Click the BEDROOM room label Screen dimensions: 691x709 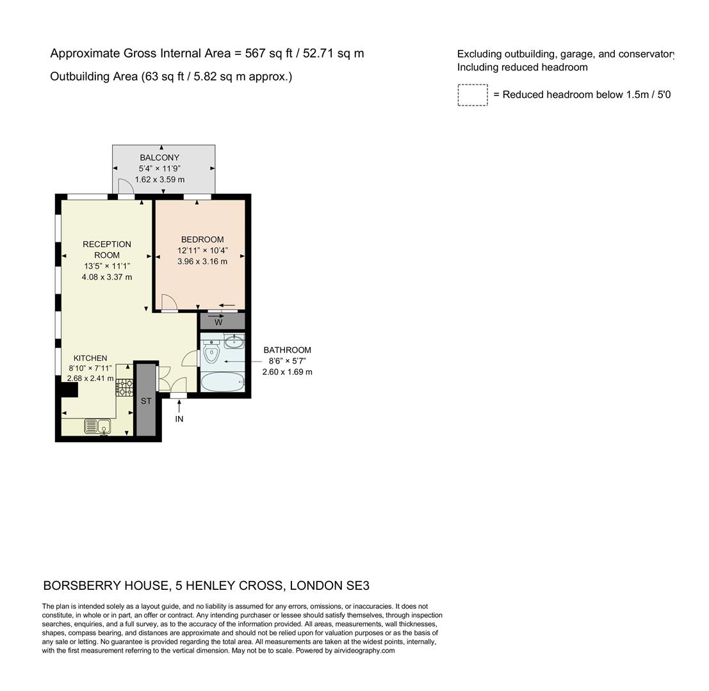202,239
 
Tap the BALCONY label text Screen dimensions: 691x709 159,157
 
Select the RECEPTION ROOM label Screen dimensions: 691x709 106,249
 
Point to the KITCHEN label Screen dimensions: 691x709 90,358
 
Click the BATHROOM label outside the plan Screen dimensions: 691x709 287,350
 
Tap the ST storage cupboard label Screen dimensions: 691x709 146,401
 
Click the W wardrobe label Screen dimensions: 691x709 218,322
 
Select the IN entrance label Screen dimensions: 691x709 179,419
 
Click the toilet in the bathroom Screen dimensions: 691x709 211,352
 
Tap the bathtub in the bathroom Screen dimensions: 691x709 222,383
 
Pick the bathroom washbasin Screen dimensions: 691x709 234,340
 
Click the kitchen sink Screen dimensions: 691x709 97,426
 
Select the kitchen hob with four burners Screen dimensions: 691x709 124,387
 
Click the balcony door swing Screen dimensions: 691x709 126,187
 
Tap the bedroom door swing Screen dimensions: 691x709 169,302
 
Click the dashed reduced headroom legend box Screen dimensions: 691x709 473,95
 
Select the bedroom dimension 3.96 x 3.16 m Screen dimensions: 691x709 202,261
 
